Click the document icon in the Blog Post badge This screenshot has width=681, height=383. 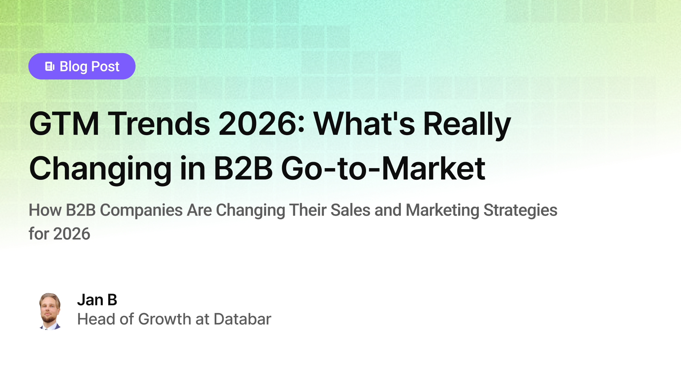[x=50, y=66]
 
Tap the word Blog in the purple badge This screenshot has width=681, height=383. [x=73, y=67]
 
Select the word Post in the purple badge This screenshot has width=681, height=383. [x=105, y=67]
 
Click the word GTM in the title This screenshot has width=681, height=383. [x=64, y=124]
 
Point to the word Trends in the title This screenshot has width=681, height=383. [x=159, y=124]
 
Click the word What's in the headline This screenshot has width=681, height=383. [x=364, y=124]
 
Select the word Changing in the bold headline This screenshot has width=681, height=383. [x=100, y=169]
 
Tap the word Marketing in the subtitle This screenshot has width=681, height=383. [x=442, y=210]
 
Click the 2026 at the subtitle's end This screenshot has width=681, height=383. [x=72, y=234]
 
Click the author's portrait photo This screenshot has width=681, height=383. [x=50, y=311]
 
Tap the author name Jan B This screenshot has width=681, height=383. [x=97, y=300]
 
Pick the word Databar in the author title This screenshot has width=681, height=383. [x=242, y=319]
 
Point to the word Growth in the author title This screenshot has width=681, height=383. [x=165, y=319]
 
